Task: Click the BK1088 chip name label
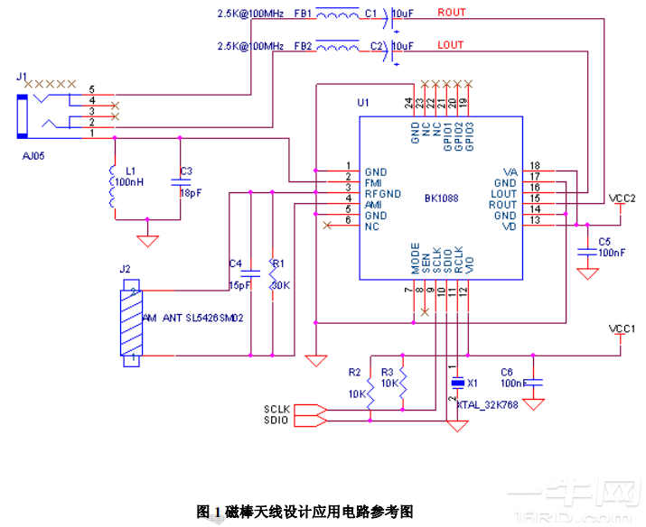click(443, 198)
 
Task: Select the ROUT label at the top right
click(452, 13)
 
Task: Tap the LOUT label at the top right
click(451, 44)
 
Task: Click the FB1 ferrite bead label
click(303, 14)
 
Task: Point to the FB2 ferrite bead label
click(303, 45)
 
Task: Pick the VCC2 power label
click(623, 198)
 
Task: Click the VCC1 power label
click(623, 328)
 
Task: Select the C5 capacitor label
click(604, 241)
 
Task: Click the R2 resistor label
click(354, 372)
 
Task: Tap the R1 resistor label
click(278, 263)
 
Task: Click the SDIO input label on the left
click(276, 420)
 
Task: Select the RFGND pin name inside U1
click(383, 193)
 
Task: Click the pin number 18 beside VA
click(535, 165)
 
